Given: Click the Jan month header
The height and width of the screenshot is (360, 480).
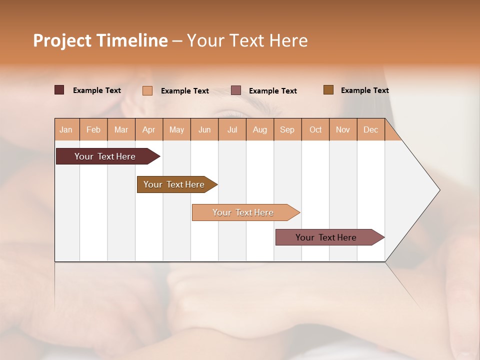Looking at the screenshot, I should coord(66,129).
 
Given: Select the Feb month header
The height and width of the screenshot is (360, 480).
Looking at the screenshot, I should coord(93,129).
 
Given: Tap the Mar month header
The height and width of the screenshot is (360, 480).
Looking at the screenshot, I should coord(121,129).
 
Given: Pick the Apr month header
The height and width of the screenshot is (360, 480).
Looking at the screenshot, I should coord(149,129).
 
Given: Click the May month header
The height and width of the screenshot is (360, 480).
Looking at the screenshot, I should coord(176,129).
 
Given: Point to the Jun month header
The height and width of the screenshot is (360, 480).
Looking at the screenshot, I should coord(204,129).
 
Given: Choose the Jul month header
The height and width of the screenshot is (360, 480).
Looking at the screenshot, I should coord(232,129).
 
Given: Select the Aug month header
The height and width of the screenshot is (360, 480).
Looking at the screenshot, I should coord(260,129).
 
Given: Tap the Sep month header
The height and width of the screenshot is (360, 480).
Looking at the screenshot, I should coord(287,129).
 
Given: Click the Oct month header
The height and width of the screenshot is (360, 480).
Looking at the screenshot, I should coord(315,129).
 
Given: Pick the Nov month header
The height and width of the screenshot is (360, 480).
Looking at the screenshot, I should coord(343,129).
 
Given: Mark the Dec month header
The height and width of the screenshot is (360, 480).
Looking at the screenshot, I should coord(371,129).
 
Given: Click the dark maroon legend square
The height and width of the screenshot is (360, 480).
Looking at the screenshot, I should coord(59,90).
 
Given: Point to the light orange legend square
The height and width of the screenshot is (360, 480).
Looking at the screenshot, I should coord(147,90).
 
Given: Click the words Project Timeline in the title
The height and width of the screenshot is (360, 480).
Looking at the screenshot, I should coord(100,40).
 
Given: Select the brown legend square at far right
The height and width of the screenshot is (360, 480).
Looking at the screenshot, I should coord(328,90).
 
